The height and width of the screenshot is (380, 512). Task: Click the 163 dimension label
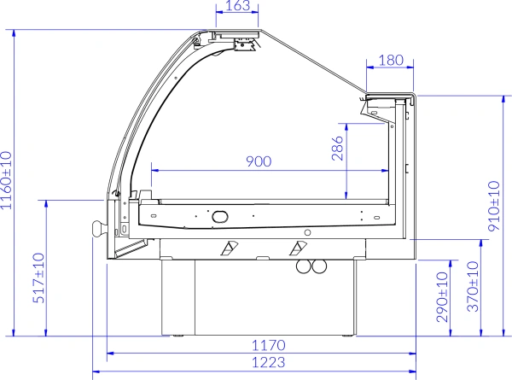click(x=237, y=6)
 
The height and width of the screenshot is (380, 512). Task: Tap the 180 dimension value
click(x=391, y=60)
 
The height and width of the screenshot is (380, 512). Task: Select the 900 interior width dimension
click(x=259, y=161)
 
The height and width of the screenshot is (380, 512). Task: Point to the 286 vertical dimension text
click(x=338, y=149)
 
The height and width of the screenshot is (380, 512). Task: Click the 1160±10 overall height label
click(x=6, y=180)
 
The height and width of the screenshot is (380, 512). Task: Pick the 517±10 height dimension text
click(x=38, y=278)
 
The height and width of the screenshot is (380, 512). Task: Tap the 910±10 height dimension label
click(x=494, y=206)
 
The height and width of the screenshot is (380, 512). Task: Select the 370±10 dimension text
click(x=473, y=287)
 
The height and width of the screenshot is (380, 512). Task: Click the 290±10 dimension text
click(x=442, y=297)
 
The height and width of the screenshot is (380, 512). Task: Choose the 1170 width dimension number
click(x=269, y=345)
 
